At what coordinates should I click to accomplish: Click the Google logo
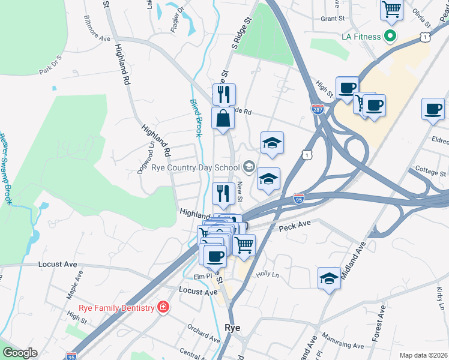pyautogui.click(x=20, y=353)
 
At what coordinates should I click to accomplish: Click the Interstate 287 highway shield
pyautogui.click(x=318, y=109)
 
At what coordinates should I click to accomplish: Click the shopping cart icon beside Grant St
pyautogui.click(x=391, y=9)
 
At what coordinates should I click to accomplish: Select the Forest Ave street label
pyautogui.click(x=379, y=323)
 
